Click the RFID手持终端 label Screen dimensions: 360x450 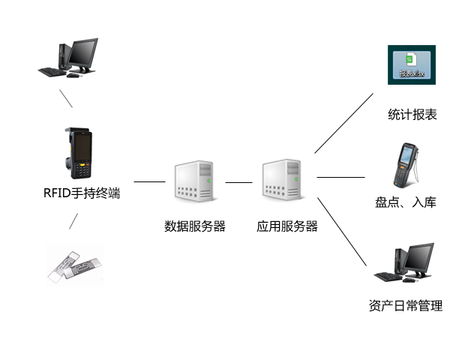coord(82,193)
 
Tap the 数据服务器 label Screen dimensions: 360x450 coord(195,226)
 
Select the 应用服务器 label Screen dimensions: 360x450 coord(287,226)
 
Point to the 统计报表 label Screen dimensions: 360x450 coord(412,115)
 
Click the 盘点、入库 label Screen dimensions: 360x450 coord(406,202)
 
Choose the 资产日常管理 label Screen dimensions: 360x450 coord(406,306)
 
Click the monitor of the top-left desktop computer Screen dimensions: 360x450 coord(83,52)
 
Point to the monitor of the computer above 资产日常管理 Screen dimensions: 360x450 coord(418,258)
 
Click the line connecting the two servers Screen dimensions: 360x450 coord(238,181)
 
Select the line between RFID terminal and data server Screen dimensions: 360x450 coord(149,181)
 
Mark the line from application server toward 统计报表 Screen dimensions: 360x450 coord(343,123)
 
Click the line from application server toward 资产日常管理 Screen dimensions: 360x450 coord(342,233)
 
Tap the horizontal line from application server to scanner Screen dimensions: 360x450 coord(340,178)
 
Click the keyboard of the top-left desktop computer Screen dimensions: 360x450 coord(50,71)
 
